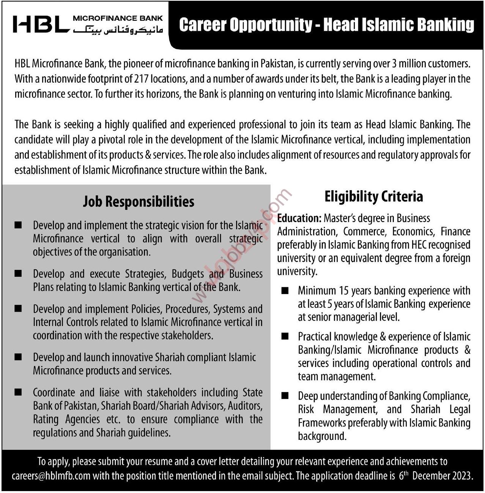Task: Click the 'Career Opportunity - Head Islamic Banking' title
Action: click(x=326, y=25)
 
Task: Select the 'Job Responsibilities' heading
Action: click(x=139, y=202)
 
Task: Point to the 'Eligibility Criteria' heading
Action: click(x=373, y=197)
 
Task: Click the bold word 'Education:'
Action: click(x=299, y=218)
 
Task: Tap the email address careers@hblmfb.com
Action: click(x=51, y=476)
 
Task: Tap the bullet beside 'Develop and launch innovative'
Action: click(x=18, y=357)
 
